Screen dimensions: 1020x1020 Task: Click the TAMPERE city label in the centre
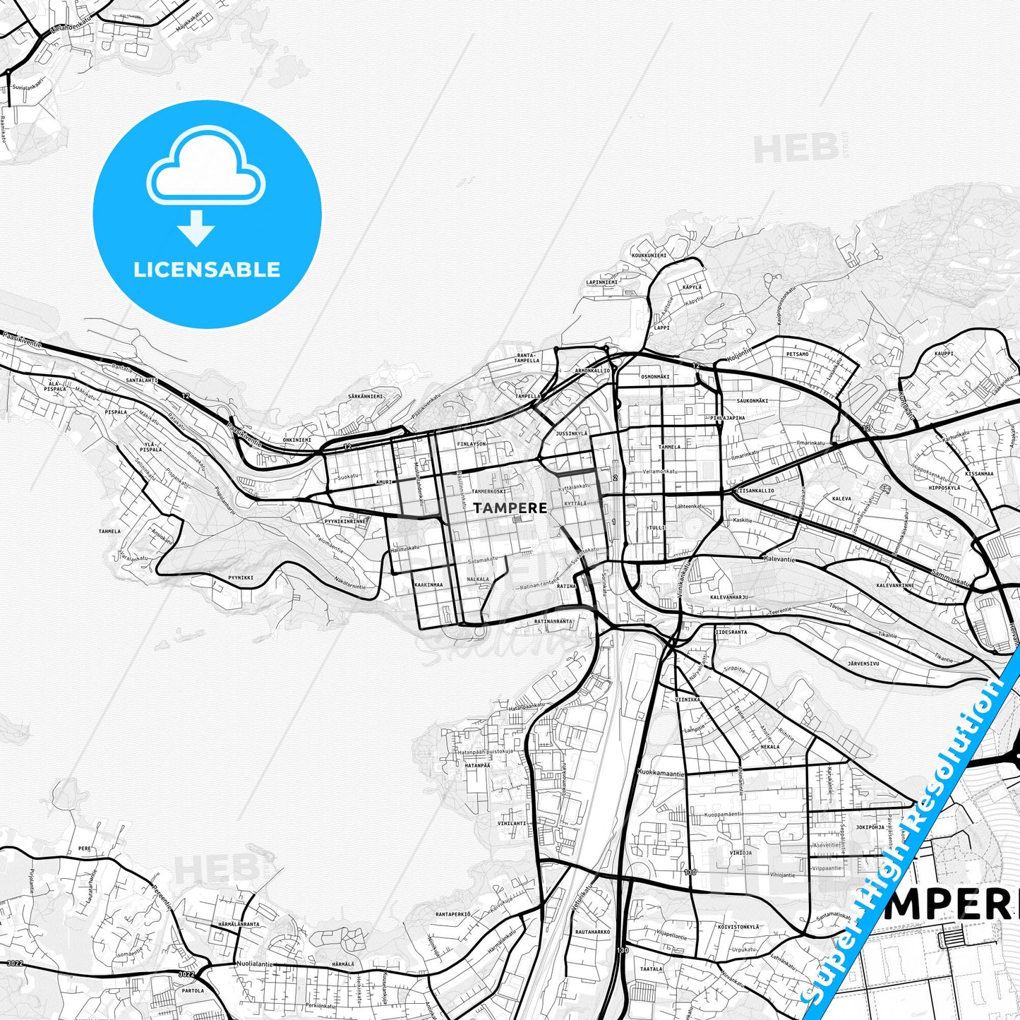[x=510, y=508]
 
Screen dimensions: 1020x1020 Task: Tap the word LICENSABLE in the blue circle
[x=207, y=270]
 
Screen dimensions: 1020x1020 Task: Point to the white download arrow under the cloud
[x=196, y=228]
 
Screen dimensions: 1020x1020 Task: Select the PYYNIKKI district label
[x=241, y=577]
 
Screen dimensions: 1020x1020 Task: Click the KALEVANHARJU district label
[x=729, y=596]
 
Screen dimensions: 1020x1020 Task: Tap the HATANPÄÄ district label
[x=477, y=765]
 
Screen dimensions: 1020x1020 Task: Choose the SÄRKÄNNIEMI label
[x=366, y=397]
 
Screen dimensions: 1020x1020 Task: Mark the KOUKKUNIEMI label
[x=649, y=255]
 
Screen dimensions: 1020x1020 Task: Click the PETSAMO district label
[x=798, y=354]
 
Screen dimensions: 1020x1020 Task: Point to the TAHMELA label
[x=109, y=532]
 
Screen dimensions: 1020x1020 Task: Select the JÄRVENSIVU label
[x=863, y=664]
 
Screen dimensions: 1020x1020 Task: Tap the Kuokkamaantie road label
[x=661, y=774]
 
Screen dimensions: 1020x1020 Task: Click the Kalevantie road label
[x=779, y=559]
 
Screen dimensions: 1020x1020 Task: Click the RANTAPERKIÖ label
[x=452, y=914]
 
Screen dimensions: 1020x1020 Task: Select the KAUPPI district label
[x=944, y=354]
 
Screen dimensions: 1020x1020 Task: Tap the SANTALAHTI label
[x=142, y=380]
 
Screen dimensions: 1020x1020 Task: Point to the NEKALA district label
[x=770, y=747]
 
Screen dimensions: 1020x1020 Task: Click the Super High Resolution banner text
[x=911, y=840]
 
